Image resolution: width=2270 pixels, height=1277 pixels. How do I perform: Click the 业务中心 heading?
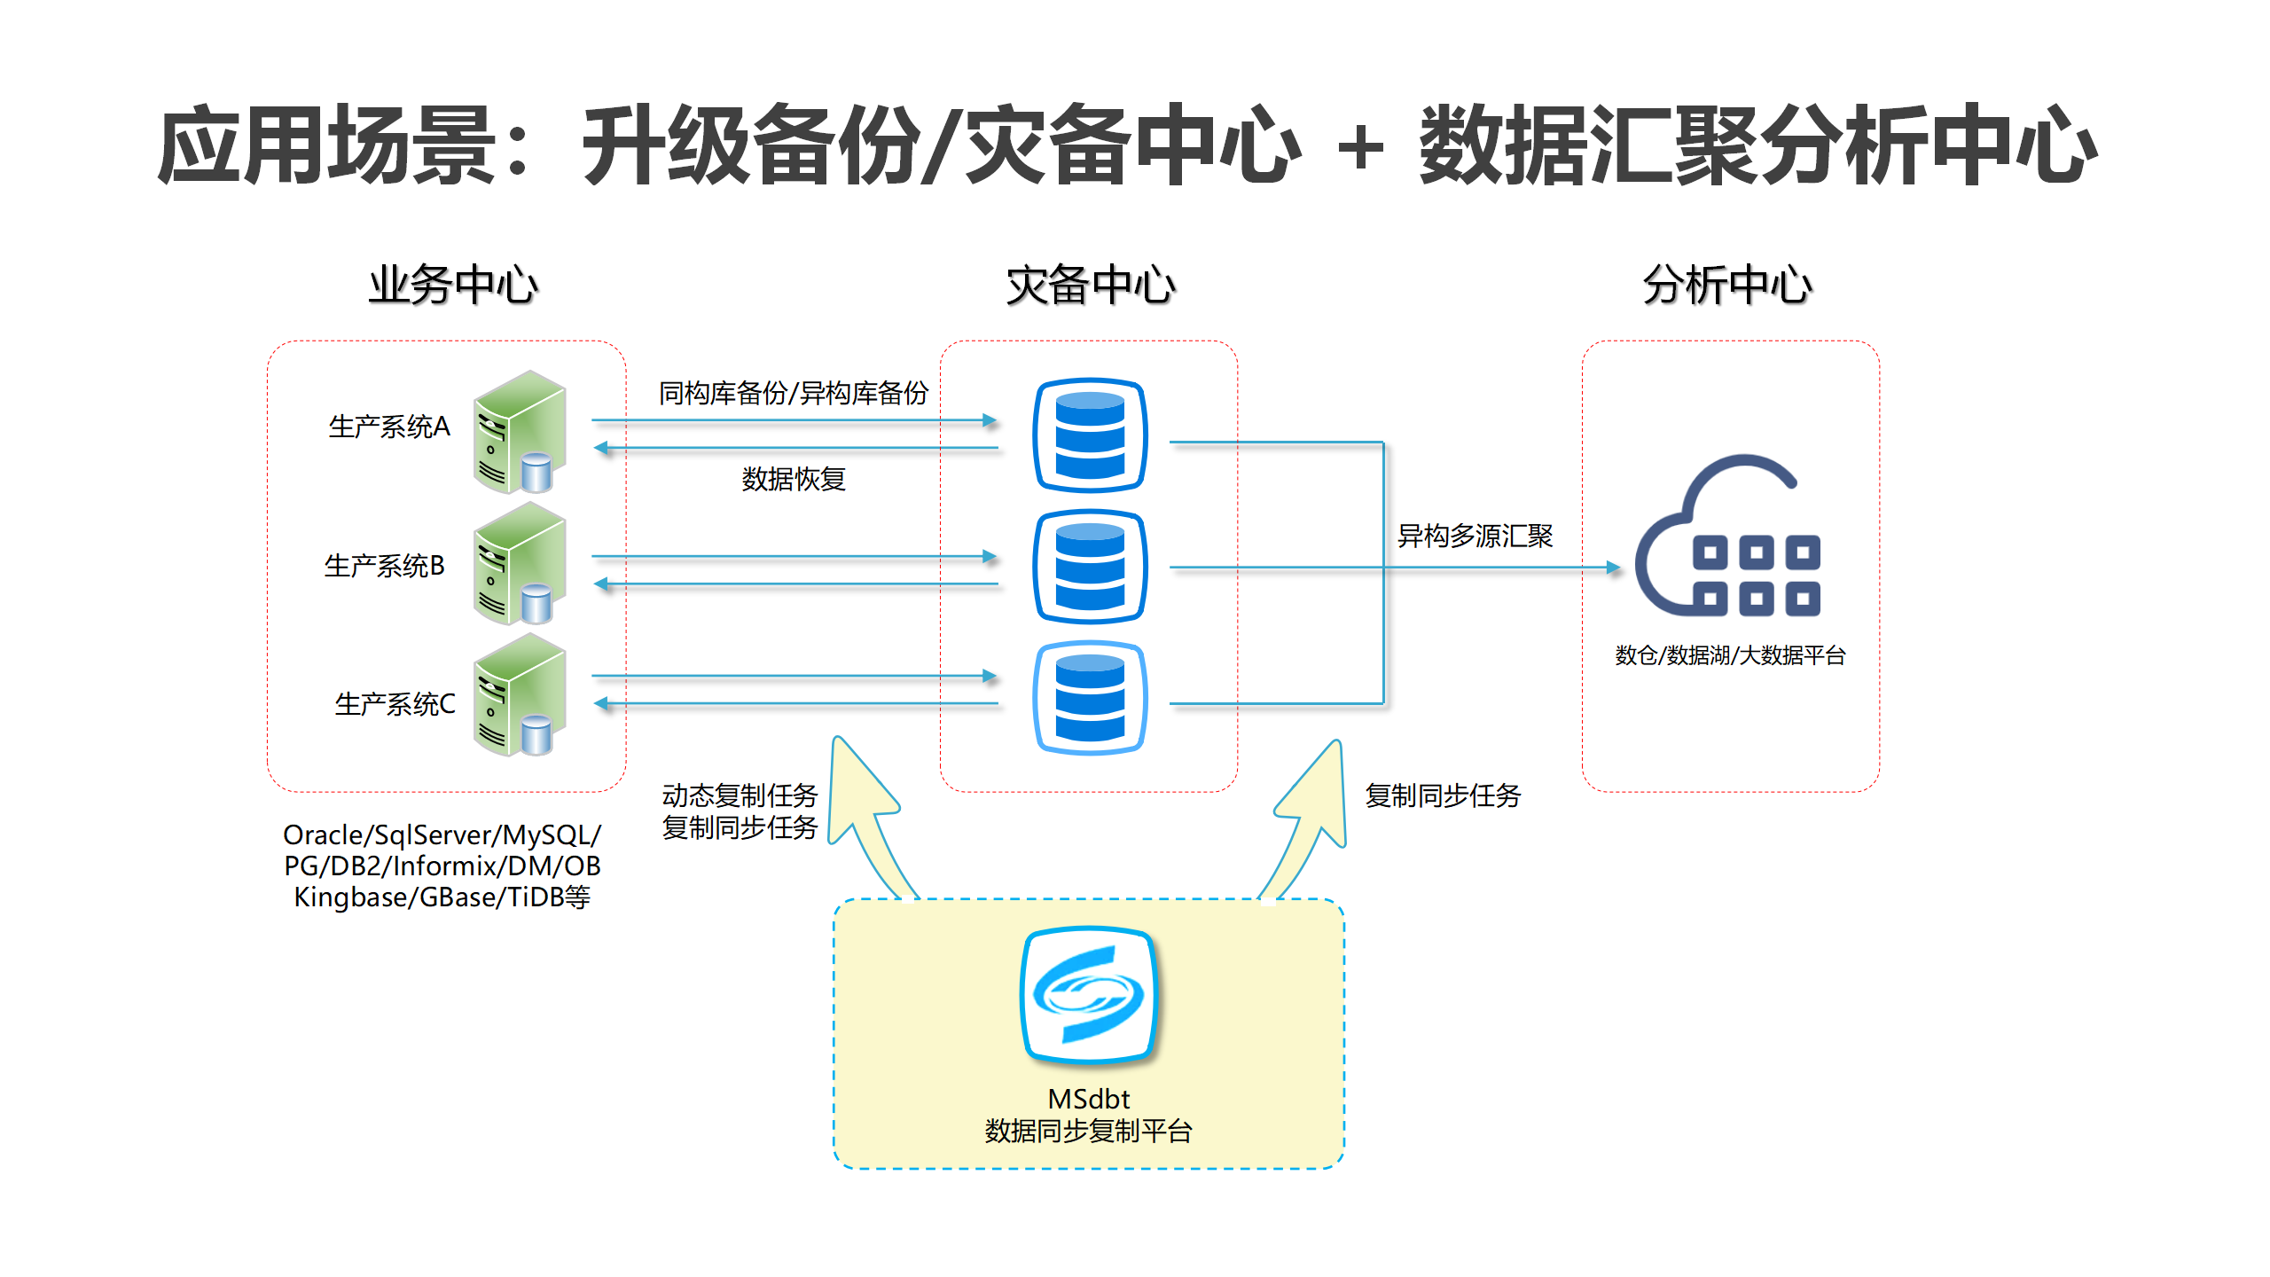pyautogui.click(x=453, y=286)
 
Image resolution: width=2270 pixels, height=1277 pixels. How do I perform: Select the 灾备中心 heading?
pyautogui.click(x=1090, y=286)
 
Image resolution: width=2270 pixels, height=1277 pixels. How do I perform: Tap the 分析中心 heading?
pyautogui.click(x=1727, y=286)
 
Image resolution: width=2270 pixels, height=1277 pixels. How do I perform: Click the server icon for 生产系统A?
pyautogui.click(x=520, y=432)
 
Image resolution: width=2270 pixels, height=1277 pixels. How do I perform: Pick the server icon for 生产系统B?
pyautogui.click(x=520, y=563)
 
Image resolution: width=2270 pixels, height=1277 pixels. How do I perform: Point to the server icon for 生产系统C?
pyautogui.click(x=520, y=694)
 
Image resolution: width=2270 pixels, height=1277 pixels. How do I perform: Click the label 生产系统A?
pyautogui.click(x=389, y=427)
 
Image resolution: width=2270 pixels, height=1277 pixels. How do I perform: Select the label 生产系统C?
pyautogui.click(x=395, y=704)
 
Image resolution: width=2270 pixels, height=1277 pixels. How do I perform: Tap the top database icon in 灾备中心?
pyautogui.click(x=1090, y=435)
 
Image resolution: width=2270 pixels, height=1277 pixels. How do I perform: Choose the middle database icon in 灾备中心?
pyautogui.click(x=1090, y=567)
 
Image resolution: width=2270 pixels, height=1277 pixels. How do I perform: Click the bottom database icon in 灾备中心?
pyautogui.click(x=1090, y=698)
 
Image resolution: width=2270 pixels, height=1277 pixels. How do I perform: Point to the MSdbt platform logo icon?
pyautogui.click(x=1089, y=994)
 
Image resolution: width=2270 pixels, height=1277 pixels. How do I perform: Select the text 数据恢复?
pyautogui.click(x=794, y=479)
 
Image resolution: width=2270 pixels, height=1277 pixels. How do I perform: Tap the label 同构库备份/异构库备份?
pyautogui.click(x=794, y=393)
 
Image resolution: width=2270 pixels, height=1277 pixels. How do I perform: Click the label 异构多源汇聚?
pyautogui.click(x=1475, y=536)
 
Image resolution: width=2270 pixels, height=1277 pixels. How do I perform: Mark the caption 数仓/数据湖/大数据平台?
pyautogui.click(x=1730, y=655)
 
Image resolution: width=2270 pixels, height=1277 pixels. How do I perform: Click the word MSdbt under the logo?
pyautogui.click(x=1089, y=1100)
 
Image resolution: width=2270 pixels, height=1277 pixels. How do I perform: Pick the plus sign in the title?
pyautogui.click(x=1360, y=147)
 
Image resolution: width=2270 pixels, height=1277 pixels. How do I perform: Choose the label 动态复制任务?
pyautogui.click(x=740, y=795)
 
